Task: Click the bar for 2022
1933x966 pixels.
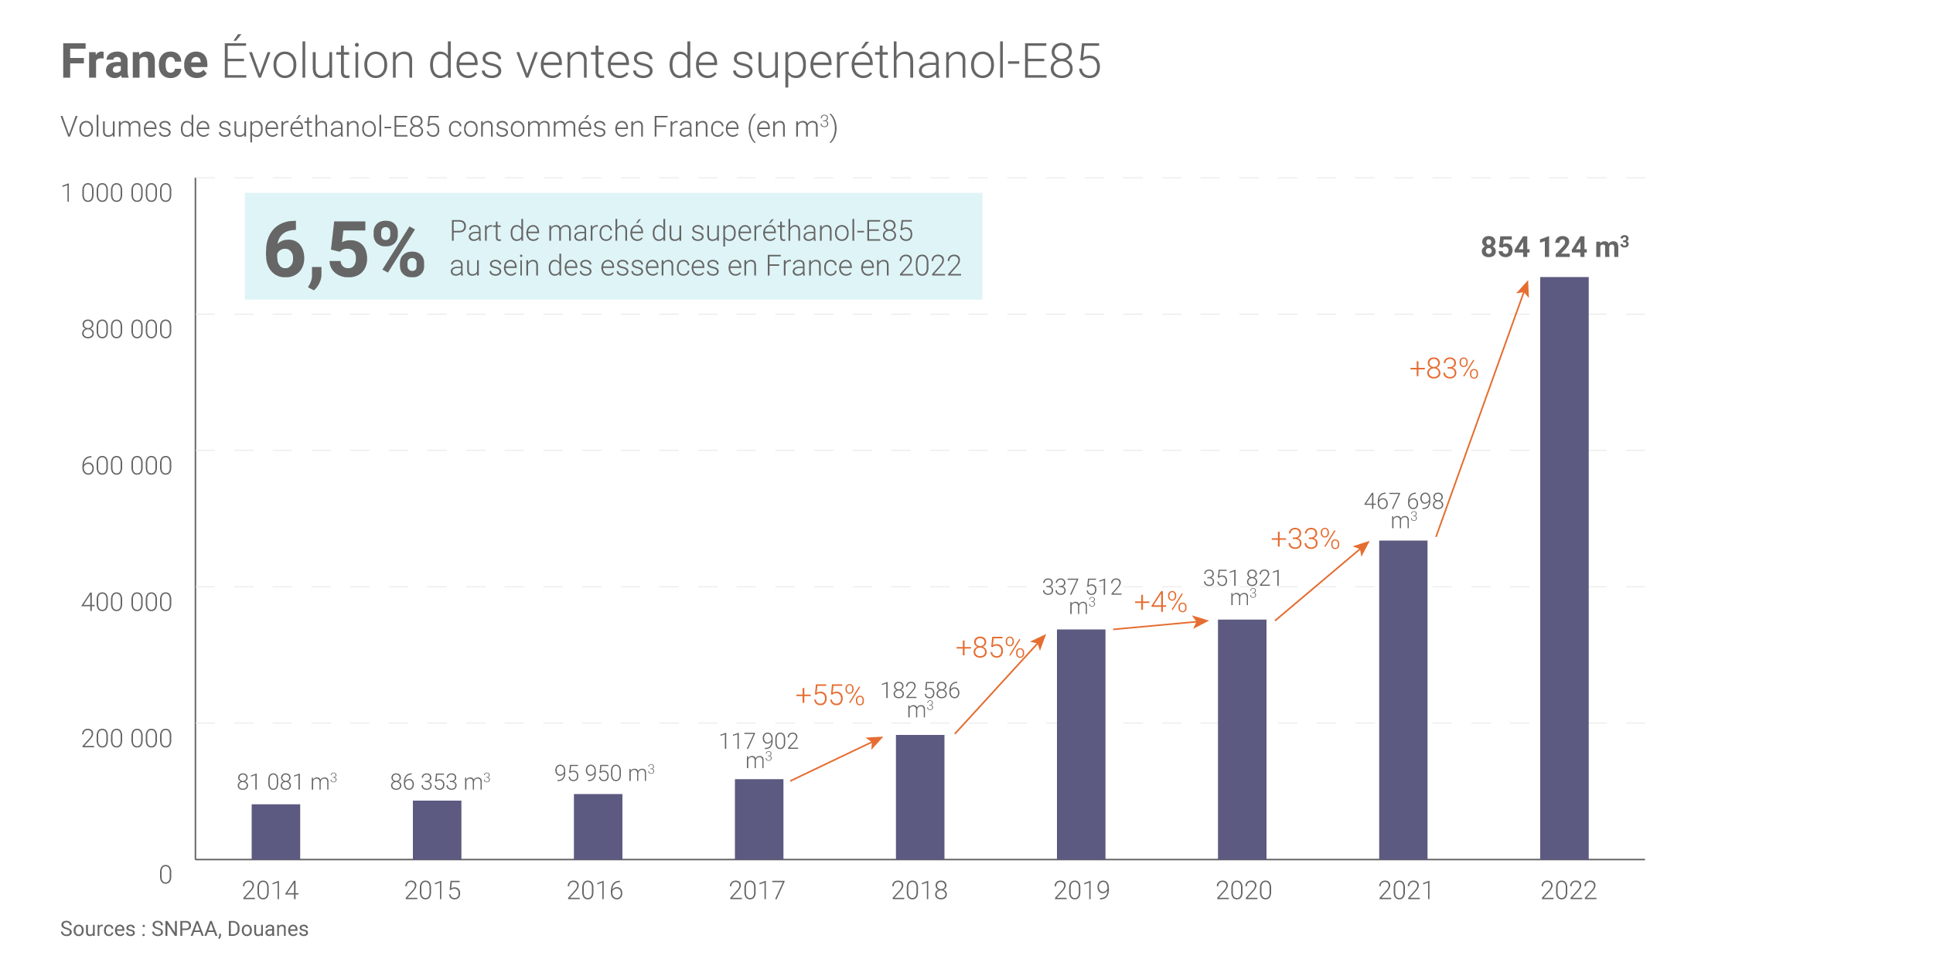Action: pos(1563,567)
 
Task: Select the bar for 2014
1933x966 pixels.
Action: pos(275,832)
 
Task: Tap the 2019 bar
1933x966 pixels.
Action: pos(1080,743)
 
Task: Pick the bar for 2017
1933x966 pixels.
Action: pos(759,818)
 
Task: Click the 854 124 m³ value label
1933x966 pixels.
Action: pos(1554,247)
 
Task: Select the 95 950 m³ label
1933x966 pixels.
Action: pos(604,774)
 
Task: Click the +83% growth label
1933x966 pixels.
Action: pos(1443,369)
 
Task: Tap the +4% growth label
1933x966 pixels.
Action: pos(1160,601)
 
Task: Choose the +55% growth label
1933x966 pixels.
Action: pos(829,695)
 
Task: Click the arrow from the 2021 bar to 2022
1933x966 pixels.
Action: pos(1481,410)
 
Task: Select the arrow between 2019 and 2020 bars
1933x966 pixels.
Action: pos(1160,624)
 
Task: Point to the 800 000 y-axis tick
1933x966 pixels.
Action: pos(127,330)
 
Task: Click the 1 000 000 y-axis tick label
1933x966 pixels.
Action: pos(117,193)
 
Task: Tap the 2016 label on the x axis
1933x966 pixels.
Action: pos(595,890)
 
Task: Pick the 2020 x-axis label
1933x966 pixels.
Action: pos(1243,890)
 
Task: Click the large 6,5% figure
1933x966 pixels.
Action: pos(344,249)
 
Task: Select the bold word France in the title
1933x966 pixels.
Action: pos(135,62)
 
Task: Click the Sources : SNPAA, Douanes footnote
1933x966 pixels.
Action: pos(184,929)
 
